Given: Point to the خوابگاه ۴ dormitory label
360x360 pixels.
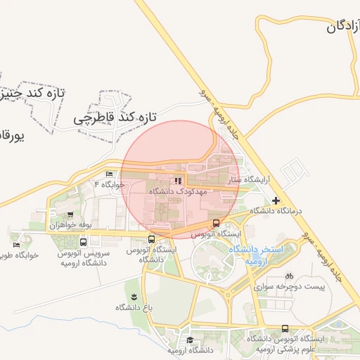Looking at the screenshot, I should click(x=109, y=184).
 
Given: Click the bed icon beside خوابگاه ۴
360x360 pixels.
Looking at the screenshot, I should click(x=109, y=174).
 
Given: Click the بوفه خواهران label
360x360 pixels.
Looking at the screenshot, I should click(x=71, y=225).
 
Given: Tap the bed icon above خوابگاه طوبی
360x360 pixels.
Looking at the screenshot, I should click(x=16, y=245).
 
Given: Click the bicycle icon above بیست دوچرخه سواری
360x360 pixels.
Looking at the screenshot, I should click(x=290, y=276).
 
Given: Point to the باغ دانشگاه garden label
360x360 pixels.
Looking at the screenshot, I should click(x=130, y=307).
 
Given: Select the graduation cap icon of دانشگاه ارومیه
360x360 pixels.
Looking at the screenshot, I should click(x=191, y=340).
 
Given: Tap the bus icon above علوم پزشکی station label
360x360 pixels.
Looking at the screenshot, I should click(x=285, y=328).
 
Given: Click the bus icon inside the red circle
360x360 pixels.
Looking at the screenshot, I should click(x=215, y=224).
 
